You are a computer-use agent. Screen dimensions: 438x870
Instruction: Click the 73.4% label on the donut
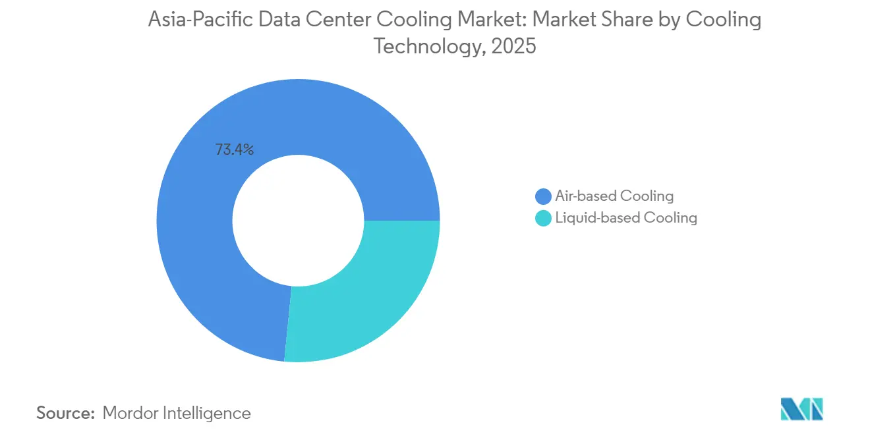point(235,150)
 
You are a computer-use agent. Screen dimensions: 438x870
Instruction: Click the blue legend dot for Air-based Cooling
point(543,196)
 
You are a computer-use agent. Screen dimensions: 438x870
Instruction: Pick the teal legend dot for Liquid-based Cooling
point(543,218)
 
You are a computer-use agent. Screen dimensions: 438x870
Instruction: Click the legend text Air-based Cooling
point(614,196)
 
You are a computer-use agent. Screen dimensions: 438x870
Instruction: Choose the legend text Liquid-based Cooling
point(626,218)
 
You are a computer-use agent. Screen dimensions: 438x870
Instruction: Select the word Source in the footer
point(65,413)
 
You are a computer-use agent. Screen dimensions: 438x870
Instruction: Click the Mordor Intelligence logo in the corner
point(801,409)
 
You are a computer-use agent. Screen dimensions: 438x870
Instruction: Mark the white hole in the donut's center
point(299,221)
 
